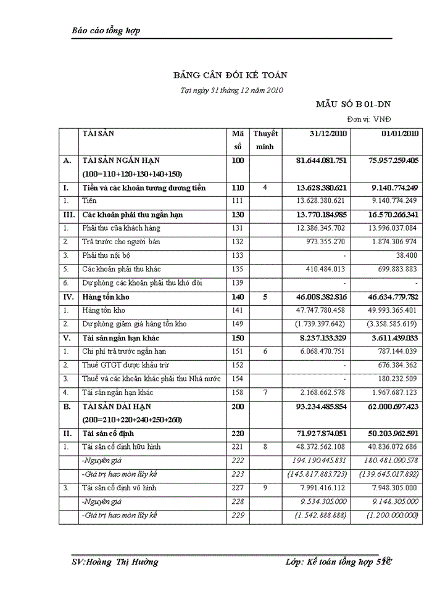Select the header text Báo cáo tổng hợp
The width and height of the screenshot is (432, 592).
pyautogui.click(x=106, y=30)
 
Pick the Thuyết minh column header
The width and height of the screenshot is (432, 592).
pyautogui.click(x=265, y=140)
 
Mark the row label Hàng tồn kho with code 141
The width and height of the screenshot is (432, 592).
pyautogui.click(x=104, y=311)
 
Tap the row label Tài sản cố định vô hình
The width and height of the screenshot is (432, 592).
pyautogui.click(x=120, y=488)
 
